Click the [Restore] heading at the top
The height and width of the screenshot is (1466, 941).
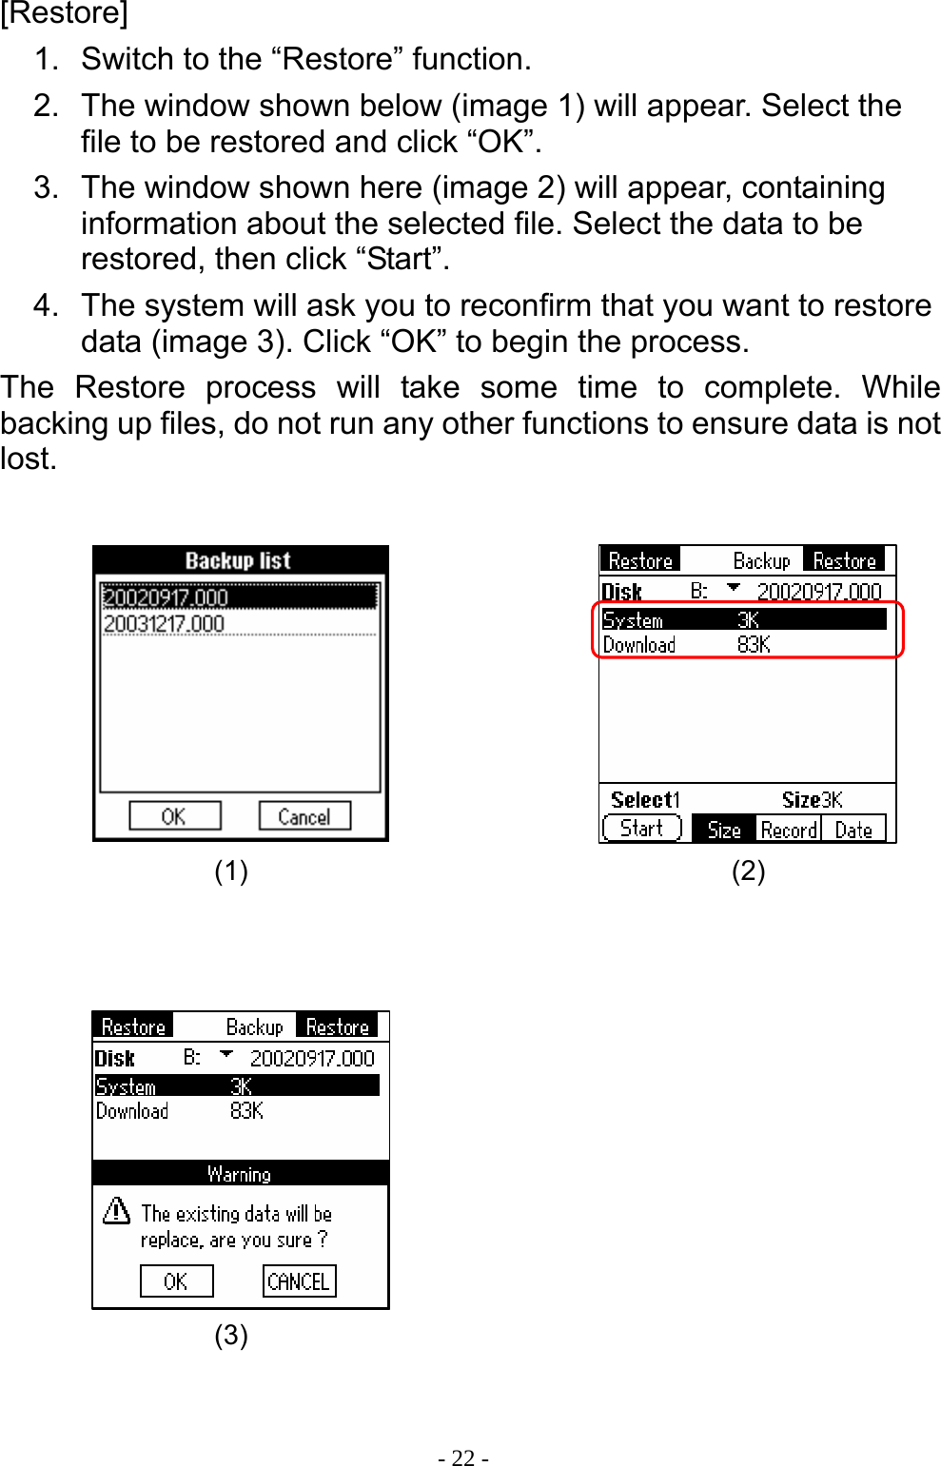tap(64, 14)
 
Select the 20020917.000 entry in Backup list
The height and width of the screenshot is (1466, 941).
tap(166, 597)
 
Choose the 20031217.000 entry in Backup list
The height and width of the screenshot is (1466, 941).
tap(164, 624)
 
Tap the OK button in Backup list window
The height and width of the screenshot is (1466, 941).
tap(174, 816)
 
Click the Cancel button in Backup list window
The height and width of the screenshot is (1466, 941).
tap(304, 816)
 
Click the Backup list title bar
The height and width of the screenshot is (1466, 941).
tap(239, 560)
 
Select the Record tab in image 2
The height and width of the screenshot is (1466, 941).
tap(788, 830)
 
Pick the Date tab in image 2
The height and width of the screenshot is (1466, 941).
tap(853, 830)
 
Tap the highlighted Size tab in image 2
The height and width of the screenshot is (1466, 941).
tap(724, 830)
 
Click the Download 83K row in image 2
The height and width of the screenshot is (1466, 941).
tap(685, 645)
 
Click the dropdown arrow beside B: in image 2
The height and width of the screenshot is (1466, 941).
tap(733, 589)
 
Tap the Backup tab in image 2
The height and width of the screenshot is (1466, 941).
tap(761, 561)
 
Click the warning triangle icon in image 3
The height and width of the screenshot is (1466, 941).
tap(116, 1211)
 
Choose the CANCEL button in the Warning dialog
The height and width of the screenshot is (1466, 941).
tap(299, 1281)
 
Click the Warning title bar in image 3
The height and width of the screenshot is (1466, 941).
tap(240, 1174)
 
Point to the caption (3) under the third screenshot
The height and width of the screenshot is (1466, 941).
tap(231, 1336)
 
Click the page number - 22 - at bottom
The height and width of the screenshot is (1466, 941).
tap(463, 1458)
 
